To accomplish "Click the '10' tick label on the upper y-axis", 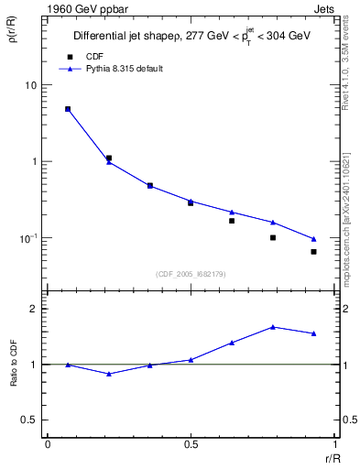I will click(x=30, y=85).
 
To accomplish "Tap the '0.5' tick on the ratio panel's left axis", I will click(x=28, y=420).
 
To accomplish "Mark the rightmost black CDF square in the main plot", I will click(x=313, y=252).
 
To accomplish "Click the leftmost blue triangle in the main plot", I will click(x=68, y=109).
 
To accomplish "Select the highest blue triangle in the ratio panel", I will click(x=273, y=327).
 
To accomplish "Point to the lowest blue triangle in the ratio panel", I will click(x=109, y=374).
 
